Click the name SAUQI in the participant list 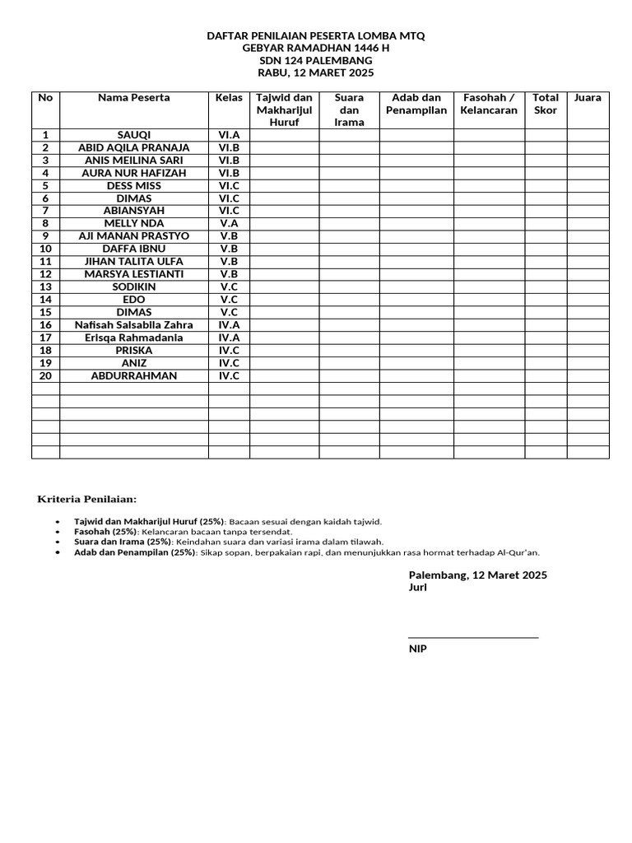tap(134, 135)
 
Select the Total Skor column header tap(546, 104)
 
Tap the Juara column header tap(588, 98)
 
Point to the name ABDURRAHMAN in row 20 tap(134, 376)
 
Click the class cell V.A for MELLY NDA tap(229, 224)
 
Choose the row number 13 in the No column tap(45, 287)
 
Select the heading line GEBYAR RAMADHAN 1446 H tap(316, 49)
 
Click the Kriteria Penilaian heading tap(88, 500)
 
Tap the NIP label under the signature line tap(418, 649)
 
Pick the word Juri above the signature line tap(417, 588)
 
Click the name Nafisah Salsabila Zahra tap(134, 325)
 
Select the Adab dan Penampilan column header tap(416, 104)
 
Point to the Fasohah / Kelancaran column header tap(489, 104)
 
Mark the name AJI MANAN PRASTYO tap(134, 236)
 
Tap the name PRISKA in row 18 tap(134, 351)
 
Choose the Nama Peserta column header tap(134, 98)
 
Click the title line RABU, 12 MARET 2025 tap(316, 73)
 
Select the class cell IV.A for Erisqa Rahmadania tap(229, 338)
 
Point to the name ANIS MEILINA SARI tap(134, 161)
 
